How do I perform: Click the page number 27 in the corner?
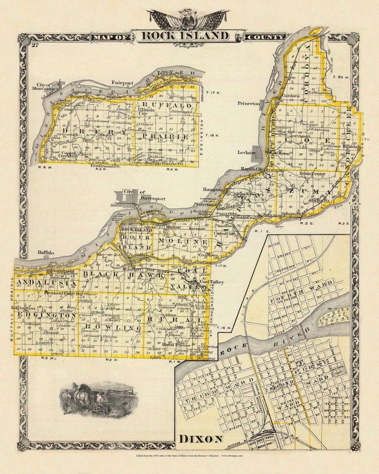click(34, 45)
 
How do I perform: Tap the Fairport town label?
click(122, 83)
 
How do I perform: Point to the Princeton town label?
click(248, 103)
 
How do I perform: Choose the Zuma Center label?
click(312, 174)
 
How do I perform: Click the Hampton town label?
click(213, 189)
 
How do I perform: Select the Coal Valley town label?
click(212, 282)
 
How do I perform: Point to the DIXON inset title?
click(201, 439)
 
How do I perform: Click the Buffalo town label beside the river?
click(46, 252)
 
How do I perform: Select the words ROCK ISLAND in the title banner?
click(185, 36)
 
